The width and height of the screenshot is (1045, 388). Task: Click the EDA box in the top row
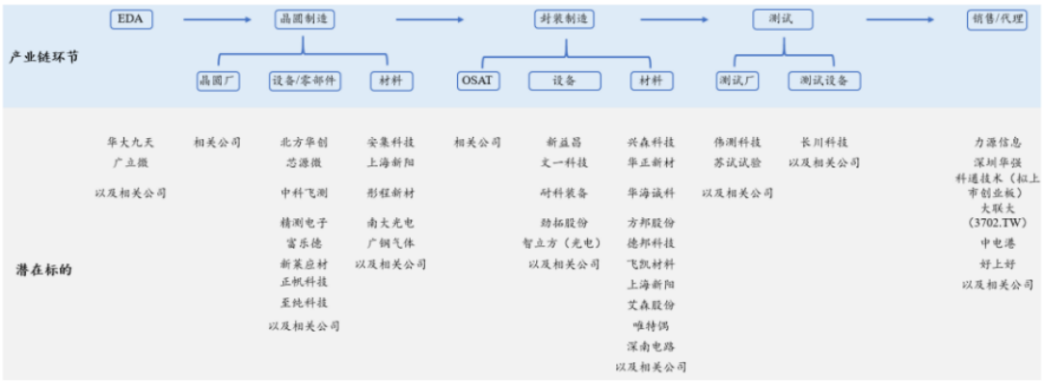pyautogui.click(x=129, y=18)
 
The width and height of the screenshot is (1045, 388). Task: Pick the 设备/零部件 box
pyautogui.click(x=304, y=81)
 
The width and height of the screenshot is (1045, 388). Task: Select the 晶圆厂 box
pyautogui.click(x=218, y=81)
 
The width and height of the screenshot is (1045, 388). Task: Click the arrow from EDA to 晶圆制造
pyautogui.click(x=216, y=18)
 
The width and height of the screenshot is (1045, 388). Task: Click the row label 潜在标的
pyautogui.click(x=43, y=269)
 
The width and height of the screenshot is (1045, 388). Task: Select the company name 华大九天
pyautogui.click(x=130, y=142)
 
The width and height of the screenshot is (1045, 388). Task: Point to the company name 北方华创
pyautogui.click(x=304, y=142)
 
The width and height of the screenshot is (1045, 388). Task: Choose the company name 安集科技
pyautogui.click(x=390, y=142)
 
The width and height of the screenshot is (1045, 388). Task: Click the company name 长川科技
pyautogui.click(x=824, y=142)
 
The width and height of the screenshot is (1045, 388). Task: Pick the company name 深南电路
pyautogui.click(x=651, y=346)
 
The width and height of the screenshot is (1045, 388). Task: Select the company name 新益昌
pyautogui.click(x=564, y=142)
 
